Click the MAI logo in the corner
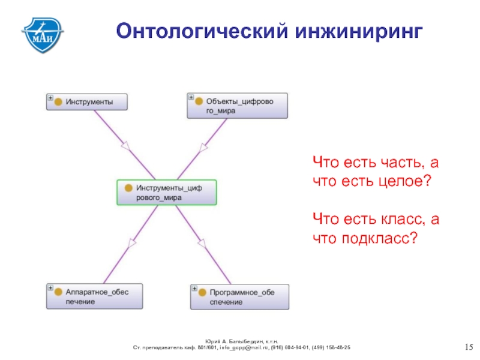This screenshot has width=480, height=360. coord(43,34)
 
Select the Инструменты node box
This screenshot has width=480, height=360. coord(88,101)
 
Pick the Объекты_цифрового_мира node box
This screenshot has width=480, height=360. coord(238,106)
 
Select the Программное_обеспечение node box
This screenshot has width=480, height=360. coord(239,297)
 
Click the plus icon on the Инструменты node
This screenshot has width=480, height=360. coord(50,97)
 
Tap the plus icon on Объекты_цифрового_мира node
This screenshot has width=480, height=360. coord(191,97)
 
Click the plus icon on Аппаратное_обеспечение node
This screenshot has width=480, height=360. coord(50,288)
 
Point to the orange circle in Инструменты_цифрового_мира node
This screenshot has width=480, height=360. coord(128,188)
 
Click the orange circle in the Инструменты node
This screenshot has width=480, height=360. coord(58,102)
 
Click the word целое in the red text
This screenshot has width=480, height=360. coord(401,180)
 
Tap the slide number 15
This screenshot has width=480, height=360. coord(469,347)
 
